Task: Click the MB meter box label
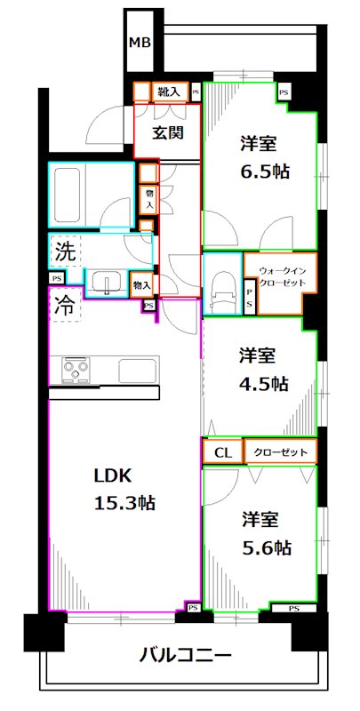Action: [139, 42]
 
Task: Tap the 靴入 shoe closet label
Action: [169, 91]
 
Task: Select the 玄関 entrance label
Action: [167, 134]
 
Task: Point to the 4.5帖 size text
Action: [263, 383]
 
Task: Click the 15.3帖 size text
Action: [125, 503]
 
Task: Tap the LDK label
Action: [113, 475]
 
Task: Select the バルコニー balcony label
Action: [186, 657]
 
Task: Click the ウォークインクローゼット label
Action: [282, 276]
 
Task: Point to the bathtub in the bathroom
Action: [80, 188]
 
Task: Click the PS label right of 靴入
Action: [195, 91]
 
